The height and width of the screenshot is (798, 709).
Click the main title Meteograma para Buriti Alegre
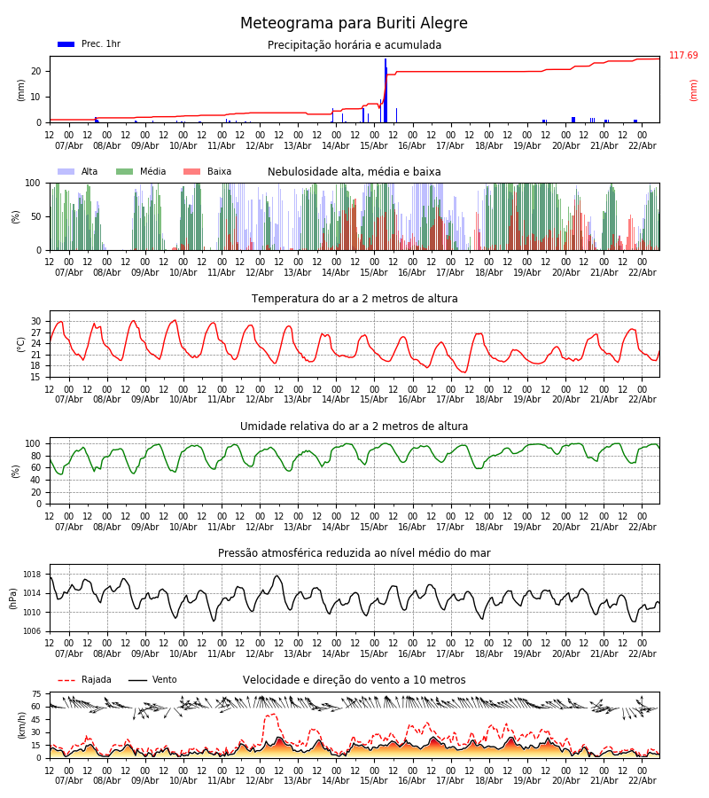354,24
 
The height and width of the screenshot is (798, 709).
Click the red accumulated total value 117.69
683,56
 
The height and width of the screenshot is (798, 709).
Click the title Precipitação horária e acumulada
354,45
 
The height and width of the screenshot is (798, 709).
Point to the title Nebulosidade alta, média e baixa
354,172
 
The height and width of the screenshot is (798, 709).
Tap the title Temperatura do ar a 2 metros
354,299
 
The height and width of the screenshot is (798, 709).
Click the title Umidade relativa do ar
354,426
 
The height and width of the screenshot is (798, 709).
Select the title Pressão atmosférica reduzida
354,553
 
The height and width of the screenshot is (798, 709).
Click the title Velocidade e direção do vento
354,680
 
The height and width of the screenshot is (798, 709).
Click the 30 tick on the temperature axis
36,321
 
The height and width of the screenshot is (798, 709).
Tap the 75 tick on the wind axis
36,694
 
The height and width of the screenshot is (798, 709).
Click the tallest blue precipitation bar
386,89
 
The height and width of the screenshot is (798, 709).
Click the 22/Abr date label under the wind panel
642,780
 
